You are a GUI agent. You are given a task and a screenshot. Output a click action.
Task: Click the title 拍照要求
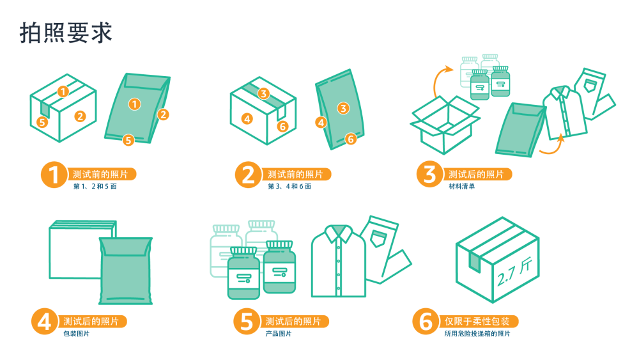[x=66, y=33]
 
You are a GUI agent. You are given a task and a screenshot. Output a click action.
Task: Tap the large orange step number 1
[x=54, y=175]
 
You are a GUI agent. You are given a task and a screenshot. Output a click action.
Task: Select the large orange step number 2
[x=248, y=175]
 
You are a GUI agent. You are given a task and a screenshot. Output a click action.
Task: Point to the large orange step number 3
[x=429, y=174]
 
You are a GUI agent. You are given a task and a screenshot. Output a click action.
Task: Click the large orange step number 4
[x=45, y=321]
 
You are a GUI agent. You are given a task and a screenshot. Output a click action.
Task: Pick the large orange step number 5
[x=247, y=321]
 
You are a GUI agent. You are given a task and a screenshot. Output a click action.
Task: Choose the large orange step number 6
[x=426, y=321]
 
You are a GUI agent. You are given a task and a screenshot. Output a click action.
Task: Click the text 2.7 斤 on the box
[x=514, y=272]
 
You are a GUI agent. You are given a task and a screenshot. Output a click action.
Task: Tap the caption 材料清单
[x=462, y=186]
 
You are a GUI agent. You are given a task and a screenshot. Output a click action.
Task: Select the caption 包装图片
[x=76, y=334]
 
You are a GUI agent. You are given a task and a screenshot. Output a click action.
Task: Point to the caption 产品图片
[x=279, y=334]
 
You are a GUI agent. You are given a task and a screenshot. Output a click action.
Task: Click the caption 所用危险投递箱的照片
[x=477, y=334]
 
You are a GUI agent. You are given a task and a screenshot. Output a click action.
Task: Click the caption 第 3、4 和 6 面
[x=289, y=186]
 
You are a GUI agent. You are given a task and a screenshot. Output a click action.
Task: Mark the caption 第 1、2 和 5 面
[x=95, y=186]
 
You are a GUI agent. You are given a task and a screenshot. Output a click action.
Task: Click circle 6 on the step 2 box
[x=282, y=127]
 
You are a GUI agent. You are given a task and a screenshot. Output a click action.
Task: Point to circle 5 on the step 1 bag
[x=128, y=140]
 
